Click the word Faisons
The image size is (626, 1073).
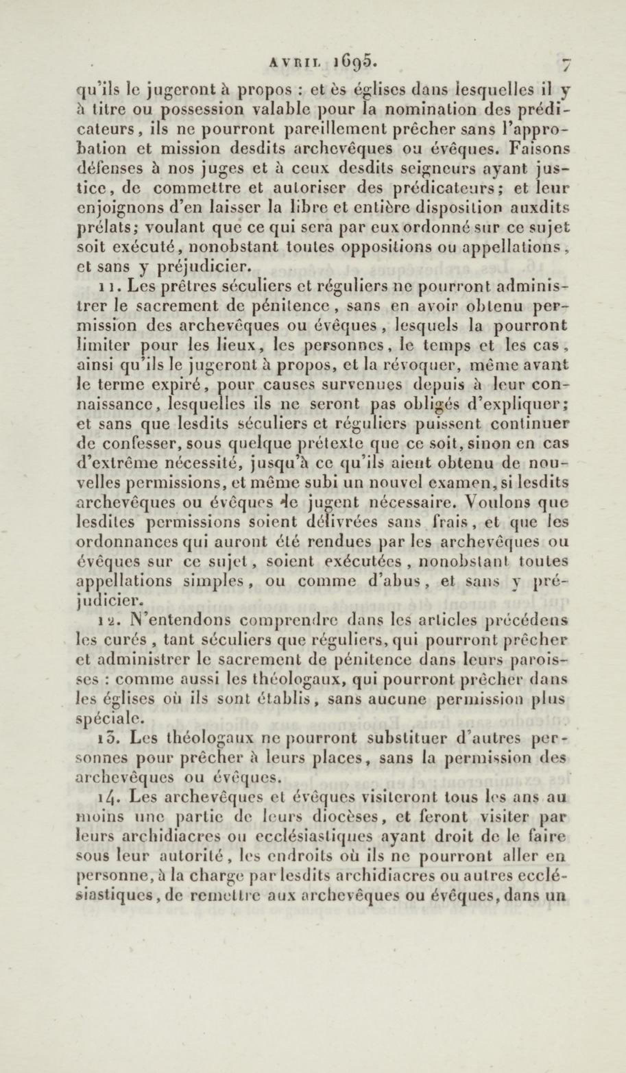click(539, 149)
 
